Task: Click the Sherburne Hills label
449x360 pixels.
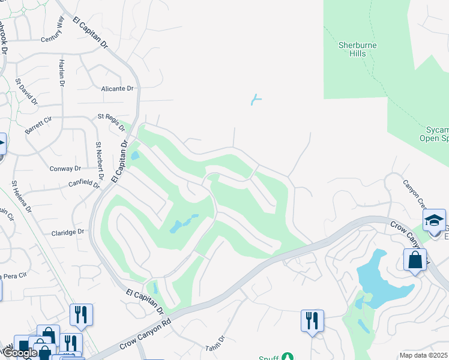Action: (352, 49)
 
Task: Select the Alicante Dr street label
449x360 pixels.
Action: (117, 88)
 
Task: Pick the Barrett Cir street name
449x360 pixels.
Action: (40, 125)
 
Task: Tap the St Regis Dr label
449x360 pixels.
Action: (112, 122)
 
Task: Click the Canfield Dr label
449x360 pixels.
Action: (83, 184)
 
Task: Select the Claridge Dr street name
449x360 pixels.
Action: (68, 232)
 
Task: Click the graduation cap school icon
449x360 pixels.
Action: (434, 220)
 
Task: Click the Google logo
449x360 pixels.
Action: (20, 353)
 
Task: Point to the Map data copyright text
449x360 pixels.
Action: (424, 355)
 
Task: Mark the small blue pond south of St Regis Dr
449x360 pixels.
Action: (134, 155)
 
